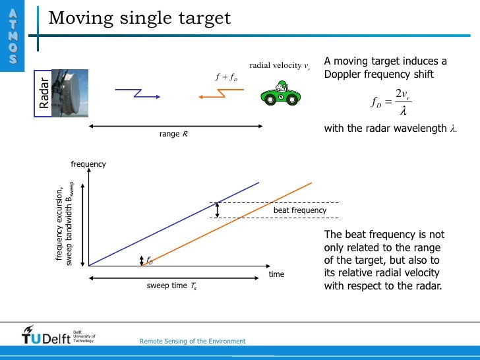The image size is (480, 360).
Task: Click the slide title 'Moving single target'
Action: [140, 18]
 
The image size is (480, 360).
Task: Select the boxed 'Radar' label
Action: [44, 93]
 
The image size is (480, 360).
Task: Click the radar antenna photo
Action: [73, 93]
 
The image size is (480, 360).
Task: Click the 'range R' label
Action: [173, 134]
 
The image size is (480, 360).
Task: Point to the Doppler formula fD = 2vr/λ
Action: [392, 102]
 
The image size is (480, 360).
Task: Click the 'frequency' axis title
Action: [88, 164]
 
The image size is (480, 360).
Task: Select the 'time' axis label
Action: [276, 274]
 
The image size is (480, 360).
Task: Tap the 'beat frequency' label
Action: [300, 210]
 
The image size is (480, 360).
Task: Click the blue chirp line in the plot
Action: [174, 224]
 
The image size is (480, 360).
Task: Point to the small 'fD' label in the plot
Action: [149, 261]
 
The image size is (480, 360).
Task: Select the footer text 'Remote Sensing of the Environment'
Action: [193, 341]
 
